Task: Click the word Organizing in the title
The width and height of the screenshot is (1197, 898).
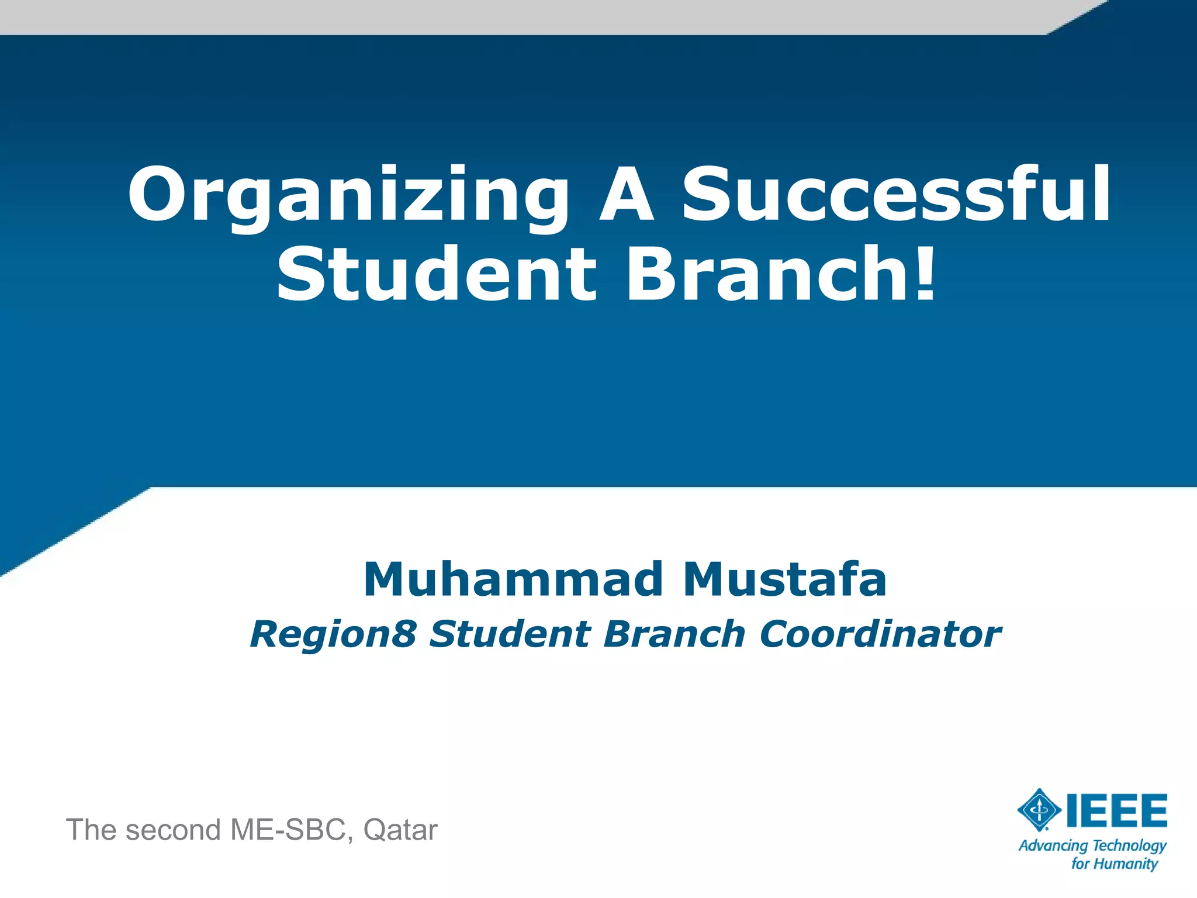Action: point(348,196)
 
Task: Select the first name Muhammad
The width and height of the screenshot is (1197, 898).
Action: point(513,579)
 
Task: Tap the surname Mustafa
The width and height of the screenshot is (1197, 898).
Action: point(785,579)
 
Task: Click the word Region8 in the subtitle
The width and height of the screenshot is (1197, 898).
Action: point(333,635)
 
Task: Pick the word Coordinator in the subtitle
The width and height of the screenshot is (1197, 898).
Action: point(880,635)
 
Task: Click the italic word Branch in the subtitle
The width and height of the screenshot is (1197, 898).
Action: point(674,635)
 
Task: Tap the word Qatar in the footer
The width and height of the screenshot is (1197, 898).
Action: point(400,830)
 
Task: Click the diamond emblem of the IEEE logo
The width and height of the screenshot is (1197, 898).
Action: point(1039,810)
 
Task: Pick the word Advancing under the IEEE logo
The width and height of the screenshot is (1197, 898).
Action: point(1053,846)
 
